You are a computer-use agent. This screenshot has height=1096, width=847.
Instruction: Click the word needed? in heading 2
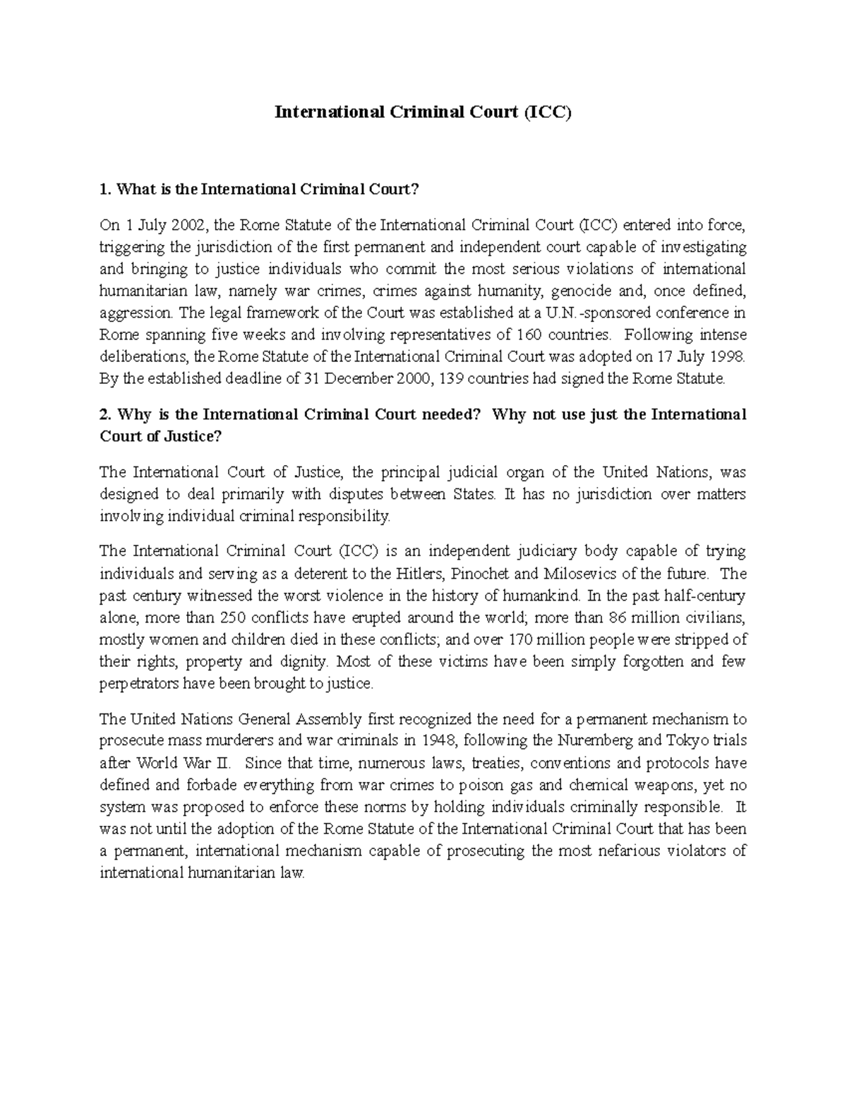tap(450, 414)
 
